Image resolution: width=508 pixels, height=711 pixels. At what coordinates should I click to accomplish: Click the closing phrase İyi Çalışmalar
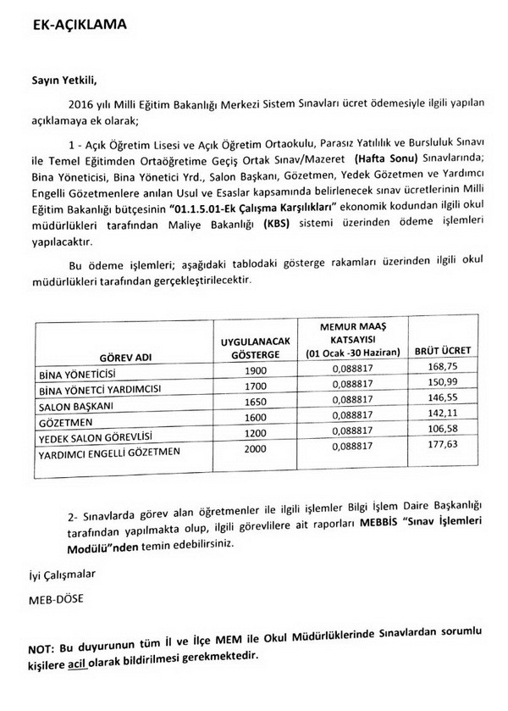(60, 574)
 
